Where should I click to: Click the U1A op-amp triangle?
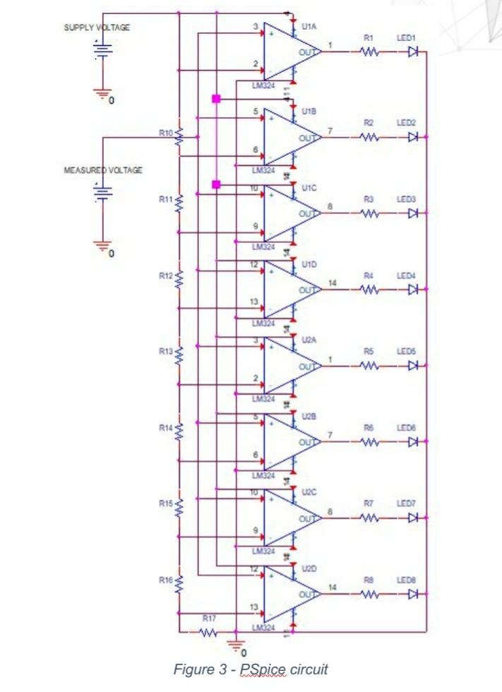click(x=289, y=51)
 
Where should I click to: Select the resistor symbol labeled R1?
click(x=369, y=51)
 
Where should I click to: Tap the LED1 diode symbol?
click(x=414, y=51)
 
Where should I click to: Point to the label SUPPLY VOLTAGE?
click(x=97, y=28)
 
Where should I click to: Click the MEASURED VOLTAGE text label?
click(x=104, y=170)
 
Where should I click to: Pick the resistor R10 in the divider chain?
click(x=179, y=134)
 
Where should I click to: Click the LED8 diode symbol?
click(x=414, y=594)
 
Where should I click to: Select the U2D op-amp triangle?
click(x=289, y=594)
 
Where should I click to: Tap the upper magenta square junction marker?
click(x=216, y=99)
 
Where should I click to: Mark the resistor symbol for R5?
click(x=369, y=366)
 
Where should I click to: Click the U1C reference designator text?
click(x=309, y=187)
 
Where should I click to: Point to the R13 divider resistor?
click(x=179, y=352)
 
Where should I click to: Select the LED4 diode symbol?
click(x=414, y=289)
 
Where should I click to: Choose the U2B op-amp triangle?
click(x=289, y=442)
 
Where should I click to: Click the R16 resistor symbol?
click(x=179, y=583)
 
